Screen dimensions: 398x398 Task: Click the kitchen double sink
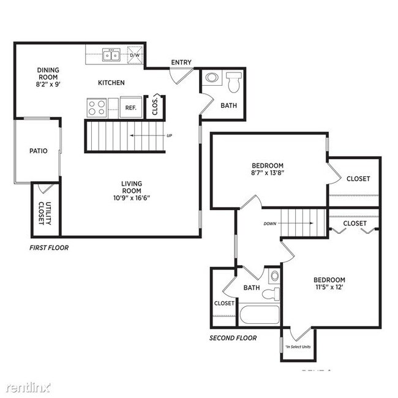(111, 56)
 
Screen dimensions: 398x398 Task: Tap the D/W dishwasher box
(135, 56)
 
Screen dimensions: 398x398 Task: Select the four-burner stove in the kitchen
(96, 108)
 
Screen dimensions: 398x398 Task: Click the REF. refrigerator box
(130, 107)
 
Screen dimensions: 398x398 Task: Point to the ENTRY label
(181, 62)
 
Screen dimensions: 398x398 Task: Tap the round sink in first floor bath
(212, 78)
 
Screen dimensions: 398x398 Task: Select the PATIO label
(38, 151)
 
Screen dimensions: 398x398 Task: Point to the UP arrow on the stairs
(150, 135)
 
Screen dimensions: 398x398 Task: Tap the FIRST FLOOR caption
(49, 248)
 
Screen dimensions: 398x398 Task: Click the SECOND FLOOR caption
(233, 337)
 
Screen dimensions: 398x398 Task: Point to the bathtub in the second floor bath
(258, 316)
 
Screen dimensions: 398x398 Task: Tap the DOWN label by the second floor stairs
(271, 224)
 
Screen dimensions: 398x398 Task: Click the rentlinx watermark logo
(29, 387)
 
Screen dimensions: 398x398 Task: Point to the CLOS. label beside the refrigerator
(156, 105)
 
